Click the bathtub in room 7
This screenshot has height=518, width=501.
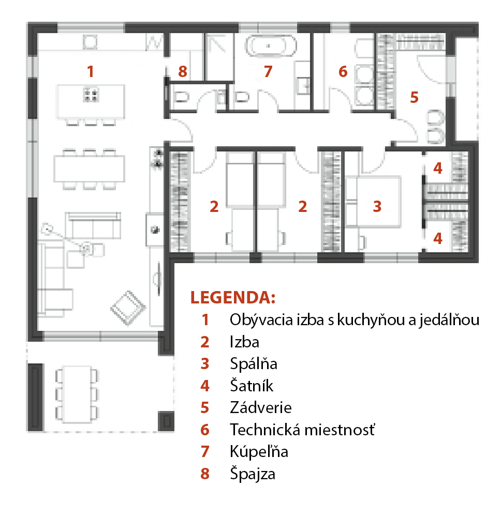click(x=271, y=46)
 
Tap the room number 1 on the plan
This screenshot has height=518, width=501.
click(x=90, y=71)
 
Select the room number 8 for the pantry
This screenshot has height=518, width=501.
click(x=183, y=71)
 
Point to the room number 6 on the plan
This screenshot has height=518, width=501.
click(x=343, y=71)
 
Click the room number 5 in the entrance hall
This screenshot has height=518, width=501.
click(x=414, y=97)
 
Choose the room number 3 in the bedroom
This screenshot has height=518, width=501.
click(x=377, y=206)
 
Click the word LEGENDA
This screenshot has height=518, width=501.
click(x=233, y=297)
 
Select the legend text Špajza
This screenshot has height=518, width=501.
click(x=253, y=474)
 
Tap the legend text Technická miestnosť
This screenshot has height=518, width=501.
click(x=303, y=430)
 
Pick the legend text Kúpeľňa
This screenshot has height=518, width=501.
click(x=259, y=451)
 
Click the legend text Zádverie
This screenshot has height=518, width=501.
click(x=261, y=407)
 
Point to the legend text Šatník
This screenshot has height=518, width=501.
click(x=252, y=385)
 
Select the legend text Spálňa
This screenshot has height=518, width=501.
click(x=254, y=363)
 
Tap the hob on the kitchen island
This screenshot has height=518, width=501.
click(x=91, y=95)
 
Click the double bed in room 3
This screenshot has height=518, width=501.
click(x=373, y=202)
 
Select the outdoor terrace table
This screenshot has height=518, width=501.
click(x=78, y=394)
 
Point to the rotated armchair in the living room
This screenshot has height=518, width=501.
click(x=128, y=308)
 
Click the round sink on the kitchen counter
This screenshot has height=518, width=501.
click(x=155, y=230)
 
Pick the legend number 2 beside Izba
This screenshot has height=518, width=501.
click(x=205, y=342)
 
